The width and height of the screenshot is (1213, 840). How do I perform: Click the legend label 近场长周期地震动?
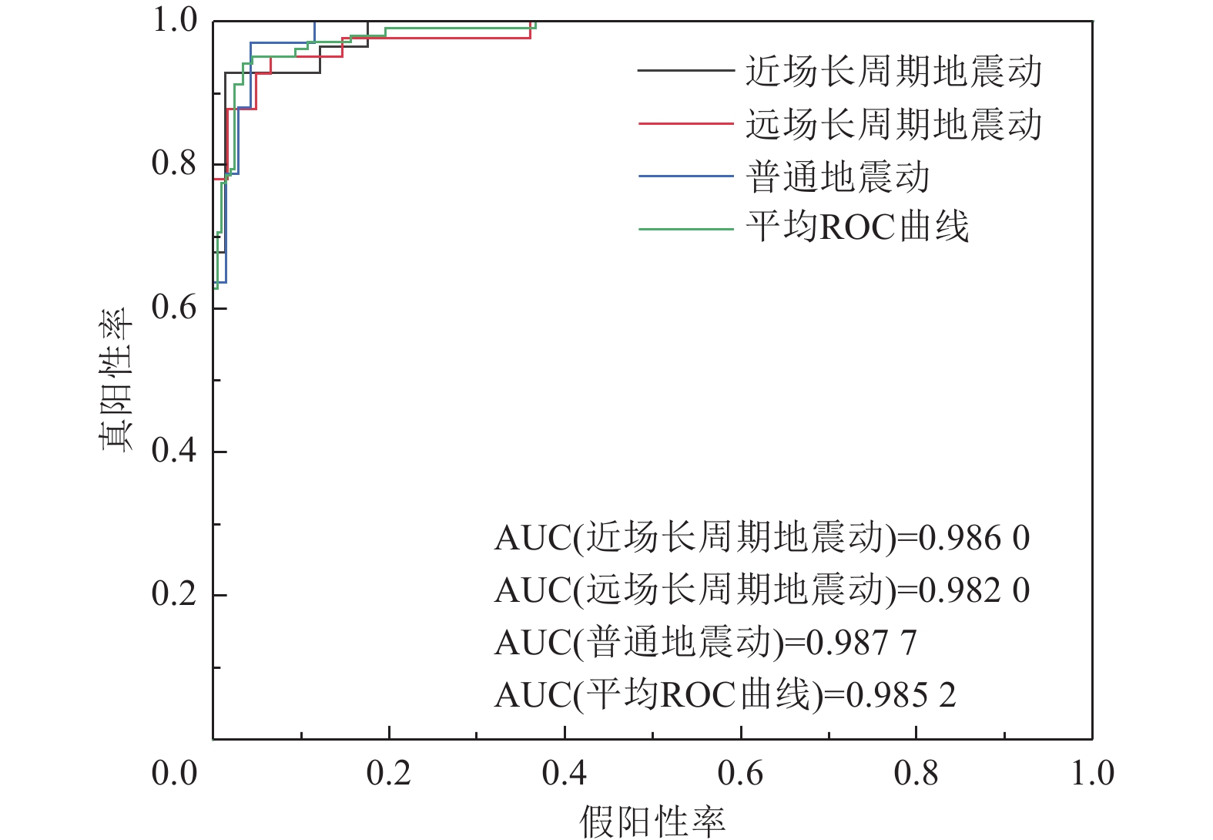tap(893, 71)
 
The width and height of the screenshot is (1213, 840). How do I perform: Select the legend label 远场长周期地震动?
tap(893, 124)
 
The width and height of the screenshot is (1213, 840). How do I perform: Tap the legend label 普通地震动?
tap(837, 176)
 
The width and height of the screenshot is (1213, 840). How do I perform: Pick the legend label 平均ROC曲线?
tap(856, 228)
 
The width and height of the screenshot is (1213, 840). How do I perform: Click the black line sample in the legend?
tap(685, 71)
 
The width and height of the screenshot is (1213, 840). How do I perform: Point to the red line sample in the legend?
tap(685, 123)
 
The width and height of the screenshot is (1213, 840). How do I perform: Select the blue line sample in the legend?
tap(685, 176)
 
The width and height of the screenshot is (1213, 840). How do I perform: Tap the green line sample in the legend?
tap(685, 229)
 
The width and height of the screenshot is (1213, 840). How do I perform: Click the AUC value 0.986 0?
tap(974, 538)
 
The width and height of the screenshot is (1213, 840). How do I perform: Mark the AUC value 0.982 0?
tap(974, 590)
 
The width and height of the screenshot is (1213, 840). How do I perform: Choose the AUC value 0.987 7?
tap(861, 643)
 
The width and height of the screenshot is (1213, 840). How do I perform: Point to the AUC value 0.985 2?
tap(901, 695)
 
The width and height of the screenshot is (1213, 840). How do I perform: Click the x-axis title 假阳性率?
tap(652, 822)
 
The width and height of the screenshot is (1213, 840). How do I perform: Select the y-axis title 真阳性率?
tap(116, 380)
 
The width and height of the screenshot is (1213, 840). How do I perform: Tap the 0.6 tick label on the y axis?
tap(174, 307)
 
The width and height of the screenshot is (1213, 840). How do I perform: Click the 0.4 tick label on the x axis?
tap(565, 773)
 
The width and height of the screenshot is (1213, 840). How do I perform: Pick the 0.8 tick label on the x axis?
tap(916, 773)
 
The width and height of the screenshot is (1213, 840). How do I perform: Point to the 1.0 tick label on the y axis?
tap(174, 21)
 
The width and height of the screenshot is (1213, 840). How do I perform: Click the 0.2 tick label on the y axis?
tap(174, 594)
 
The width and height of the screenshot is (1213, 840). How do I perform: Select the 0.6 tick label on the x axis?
tap(740, 773)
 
